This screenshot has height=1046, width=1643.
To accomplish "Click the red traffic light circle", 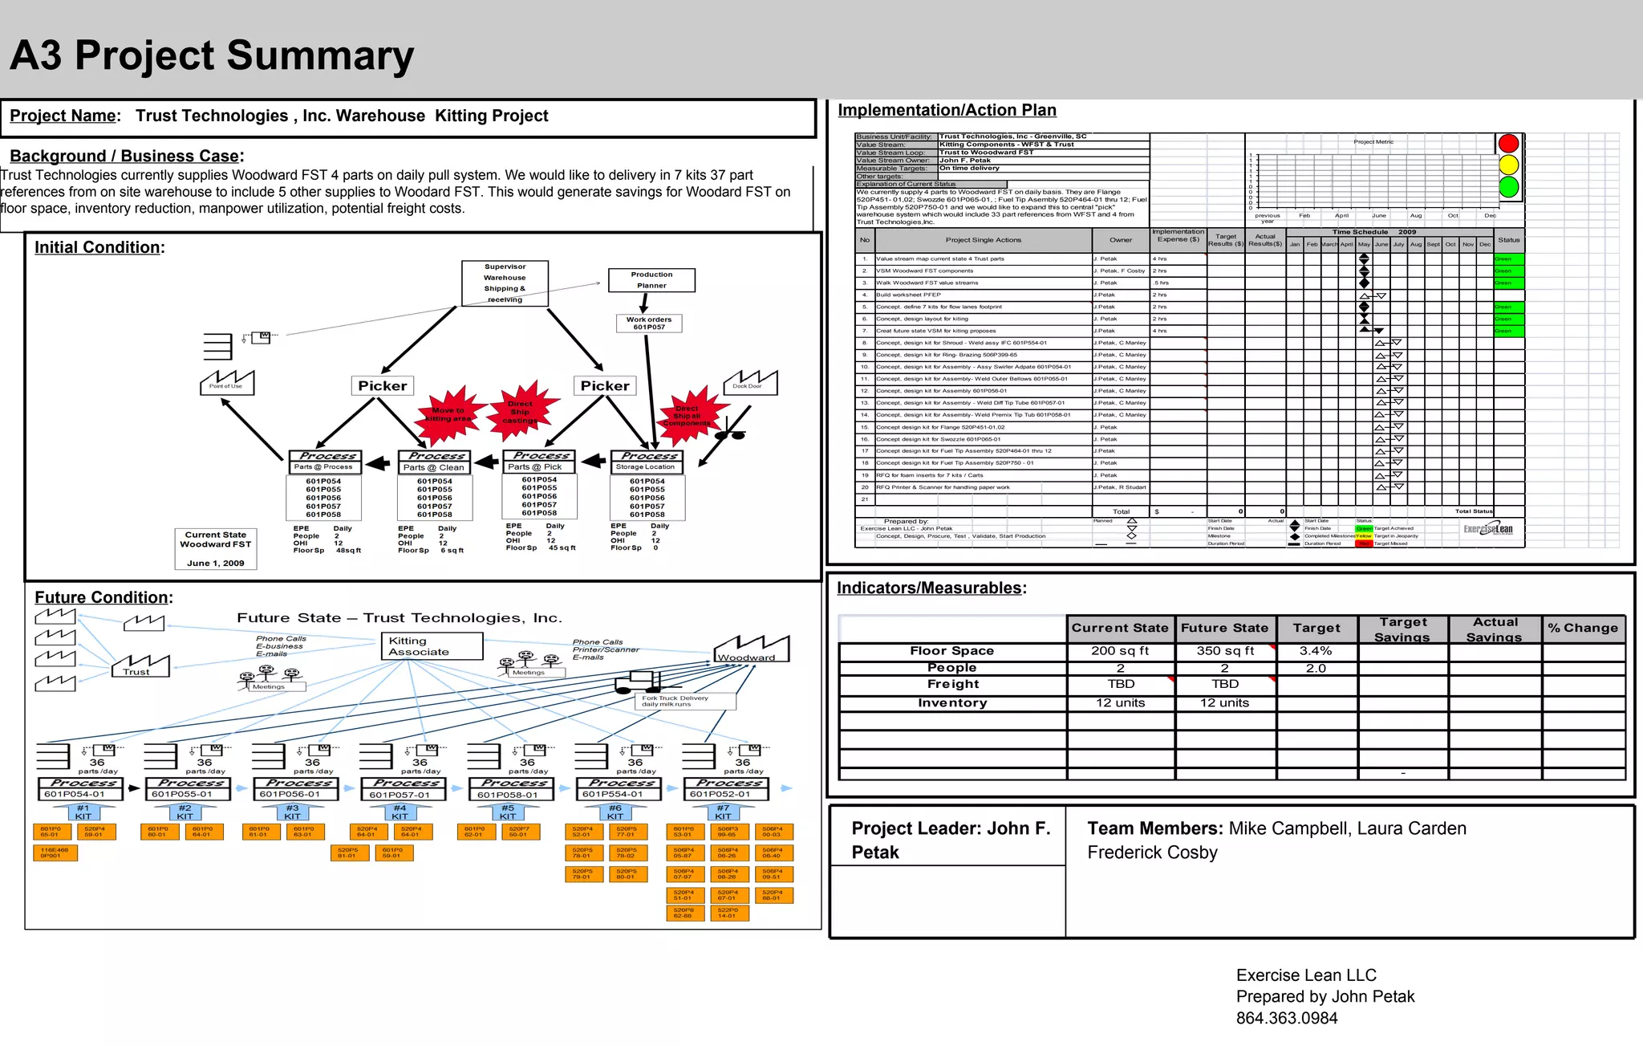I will (1508, 144).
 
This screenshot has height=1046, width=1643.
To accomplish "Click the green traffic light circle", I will (1508, 187).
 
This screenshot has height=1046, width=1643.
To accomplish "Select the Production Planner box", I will (651, 280).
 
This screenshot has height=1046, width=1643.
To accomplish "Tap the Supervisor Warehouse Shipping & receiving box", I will (505, 283).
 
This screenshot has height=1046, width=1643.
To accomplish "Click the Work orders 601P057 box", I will (649, 323).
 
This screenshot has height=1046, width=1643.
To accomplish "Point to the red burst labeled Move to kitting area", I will (449, 413).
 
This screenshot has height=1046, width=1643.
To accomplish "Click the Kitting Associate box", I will (432, 646).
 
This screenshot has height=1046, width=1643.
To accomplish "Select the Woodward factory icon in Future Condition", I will (751, 649).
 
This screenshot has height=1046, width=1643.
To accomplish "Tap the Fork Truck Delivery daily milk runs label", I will (684, 701).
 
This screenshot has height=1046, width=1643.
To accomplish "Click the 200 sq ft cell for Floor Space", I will (1120, 651).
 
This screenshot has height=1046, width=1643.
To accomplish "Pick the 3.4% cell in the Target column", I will (1316, 651).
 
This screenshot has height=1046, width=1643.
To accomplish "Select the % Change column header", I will (1583, 629).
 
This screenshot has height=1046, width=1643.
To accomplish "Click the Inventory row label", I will (952, 703).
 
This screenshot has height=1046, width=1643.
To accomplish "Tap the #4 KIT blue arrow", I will (400, 812).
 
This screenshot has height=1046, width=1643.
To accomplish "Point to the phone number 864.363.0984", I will (1287, 1019).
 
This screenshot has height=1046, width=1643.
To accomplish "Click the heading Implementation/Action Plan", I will (947, 111).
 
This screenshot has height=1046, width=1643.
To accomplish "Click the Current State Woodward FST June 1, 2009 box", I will (216, 549).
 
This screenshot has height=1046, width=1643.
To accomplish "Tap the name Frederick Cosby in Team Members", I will (1152, 853).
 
